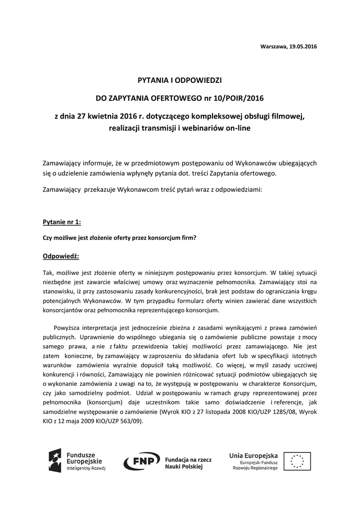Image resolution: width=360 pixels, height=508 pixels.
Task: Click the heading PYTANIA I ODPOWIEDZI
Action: (x=180, y=80)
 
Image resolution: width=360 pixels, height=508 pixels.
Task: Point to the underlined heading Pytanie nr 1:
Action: (x=62, y=222)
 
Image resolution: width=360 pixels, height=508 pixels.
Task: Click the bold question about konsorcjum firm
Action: (x=120, y=238)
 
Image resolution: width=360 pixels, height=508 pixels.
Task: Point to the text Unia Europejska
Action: (x=253, y=455)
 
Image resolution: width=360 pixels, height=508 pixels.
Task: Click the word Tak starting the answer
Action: (x=48, y=272)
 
